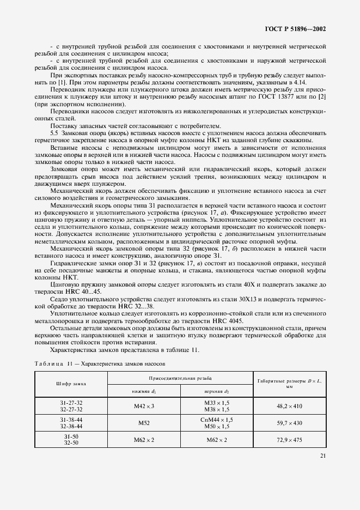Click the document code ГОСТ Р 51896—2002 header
[296, 28]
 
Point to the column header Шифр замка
[71, 384]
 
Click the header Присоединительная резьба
[180, 378]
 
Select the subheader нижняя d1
[144, 391]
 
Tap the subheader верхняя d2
[216, 391]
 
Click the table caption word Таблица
[50, 363]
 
